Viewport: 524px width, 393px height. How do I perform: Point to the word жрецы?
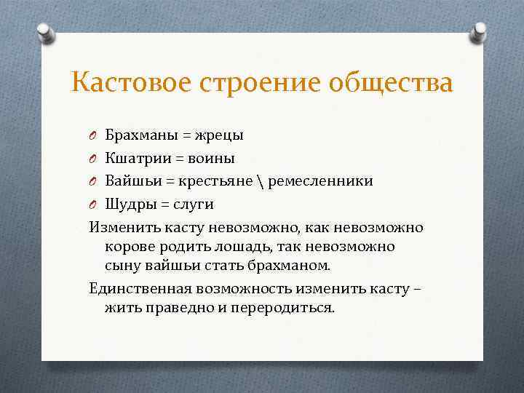coord(220,135)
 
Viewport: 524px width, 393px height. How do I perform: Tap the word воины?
coord(212,158)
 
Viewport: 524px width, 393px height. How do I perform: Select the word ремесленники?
coord(321,180)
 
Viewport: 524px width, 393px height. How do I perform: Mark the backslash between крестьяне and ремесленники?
coord(261,180)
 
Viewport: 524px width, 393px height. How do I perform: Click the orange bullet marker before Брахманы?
coord(94,135)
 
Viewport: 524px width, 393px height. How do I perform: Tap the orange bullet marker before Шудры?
coord(94,205)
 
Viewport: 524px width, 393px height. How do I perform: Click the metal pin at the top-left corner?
coord(45,33)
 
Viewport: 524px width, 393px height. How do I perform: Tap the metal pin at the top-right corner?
coord(480,31)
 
